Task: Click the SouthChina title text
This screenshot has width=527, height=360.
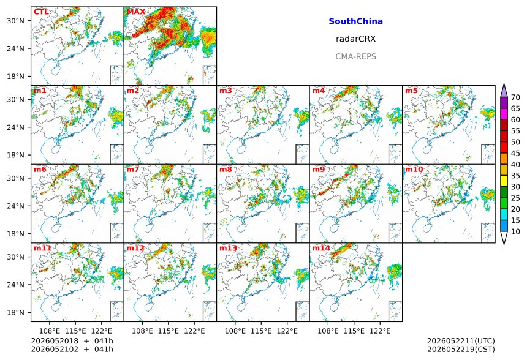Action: point(355,21)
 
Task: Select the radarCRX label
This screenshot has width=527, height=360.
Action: point(355,39)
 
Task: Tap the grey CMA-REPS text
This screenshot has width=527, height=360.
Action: point(355,56)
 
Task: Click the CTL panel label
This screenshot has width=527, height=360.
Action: point(41,12)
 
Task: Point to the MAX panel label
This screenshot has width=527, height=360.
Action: point(136,12)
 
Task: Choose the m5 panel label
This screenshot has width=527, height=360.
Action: point(411,91)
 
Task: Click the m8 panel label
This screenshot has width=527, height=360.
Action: point(226,169)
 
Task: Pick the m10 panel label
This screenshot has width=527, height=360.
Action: point(414,169)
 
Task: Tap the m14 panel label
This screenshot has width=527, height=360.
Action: point(321,248)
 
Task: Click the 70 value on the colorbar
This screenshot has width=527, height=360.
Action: point(515,97)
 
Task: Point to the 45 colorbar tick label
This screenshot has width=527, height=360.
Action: point(515,154)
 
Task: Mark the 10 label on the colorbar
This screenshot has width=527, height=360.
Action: point(515,231)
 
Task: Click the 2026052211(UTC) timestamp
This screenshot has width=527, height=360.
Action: point(461,341)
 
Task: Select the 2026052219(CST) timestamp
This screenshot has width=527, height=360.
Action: point(461,350)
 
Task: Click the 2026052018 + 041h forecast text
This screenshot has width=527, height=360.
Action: point(72,341)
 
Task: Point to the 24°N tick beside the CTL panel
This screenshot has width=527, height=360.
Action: point(15,49)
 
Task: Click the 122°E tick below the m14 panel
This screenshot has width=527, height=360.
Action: point(381,331)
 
